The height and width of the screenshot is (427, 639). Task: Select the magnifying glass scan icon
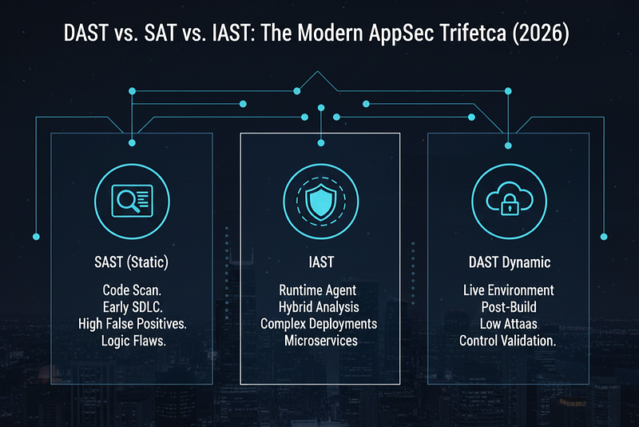coord(132,201)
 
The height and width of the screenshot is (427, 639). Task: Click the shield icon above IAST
coord(321,201)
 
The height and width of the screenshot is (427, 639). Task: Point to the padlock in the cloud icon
coord(510,205)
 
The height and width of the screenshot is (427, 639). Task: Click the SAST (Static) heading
coord(131,261)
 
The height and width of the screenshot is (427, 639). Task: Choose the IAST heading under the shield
coord(321,261)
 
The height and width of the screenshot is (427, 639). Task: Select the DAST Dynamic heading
coord(510,262)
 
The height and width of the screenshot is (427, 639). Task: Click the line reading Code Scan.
coord(132,290)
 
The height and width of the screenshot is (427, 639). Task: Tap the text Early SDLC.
coord(133,307)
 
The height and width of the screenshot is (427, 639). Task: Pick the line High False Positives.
coord(133,324)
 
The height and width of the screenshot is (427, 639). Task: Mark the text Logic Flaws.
coord(133,341)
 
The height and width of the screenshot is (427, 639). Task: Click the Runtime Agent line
coord(317,290)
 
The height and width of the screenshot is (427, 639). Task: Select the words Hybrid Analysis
coord(319,307)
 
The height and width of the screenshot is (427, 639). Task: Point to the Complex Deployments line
coord(319,324)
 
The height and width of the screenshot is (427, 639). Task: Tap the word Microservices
coord(321,341)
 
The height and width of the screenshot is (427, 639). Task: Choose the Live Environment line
coord(509,290)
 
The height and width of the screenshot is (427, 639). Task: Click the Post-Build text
coord(509,307)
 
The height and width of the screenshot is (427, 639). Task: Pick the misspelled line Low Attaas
coord(509,324)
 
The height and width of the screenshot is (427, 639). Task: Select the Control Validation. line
coord(508,341)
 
